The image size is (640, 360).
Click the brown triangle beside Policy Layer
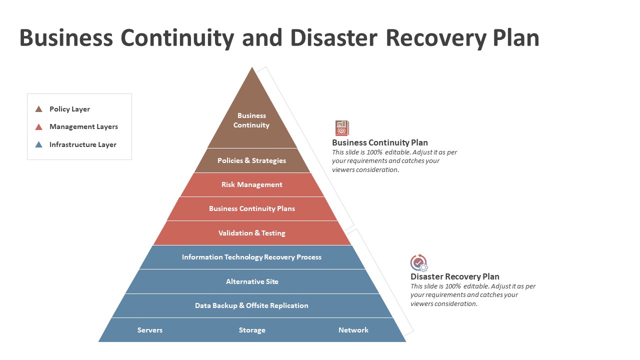(x=39, y=109)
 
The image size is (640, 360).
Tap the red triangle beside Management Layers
(x=39, y=127)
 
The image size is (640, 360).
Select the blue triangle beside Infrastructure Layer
(x=39, y=145)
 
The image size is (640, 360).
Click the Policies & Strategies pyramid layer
(x=252, y=160)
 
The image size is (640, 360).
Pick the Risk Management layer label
(x=252, y=184)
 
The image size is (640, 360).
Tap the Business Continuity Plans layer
(x=252, y=208)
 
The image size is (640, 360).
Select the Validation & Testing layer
(x=252, y=233)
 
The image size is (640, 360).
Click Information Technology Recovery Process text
(x=252, y=257)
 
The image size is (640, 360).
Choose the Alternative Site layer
(x=252, y=281)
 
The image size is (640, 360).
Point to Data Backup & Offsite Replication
(x=252, y=305)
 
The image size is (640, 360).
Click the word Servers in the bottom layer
(x=150, y=330)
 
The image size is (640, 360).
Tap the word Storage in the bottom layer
(x=252, y=330)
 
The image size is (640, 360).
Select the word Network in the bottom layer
(x=353, y=330)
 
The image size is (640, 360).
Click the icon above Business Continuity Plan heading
(x=342, y=128)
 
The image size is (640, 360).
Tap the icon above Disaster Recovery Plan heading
(x=419, y=262)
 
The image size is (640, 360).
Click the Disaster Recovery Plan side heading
(x=455, y=276)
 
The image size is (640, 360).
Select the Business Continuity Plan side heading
(x=380, y=142)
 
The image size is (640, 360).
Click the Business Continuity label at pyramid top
(x=251, y=120)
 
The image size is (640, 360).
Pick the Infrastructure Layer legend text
(x=83, y=144)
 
